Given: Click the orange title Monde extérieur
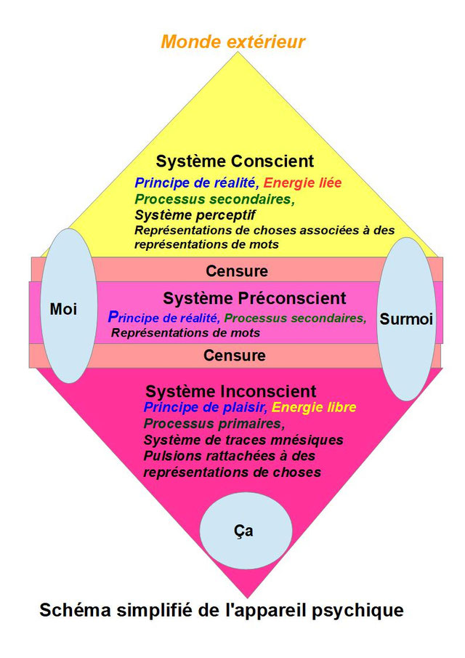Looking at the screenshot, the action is click(232, 41).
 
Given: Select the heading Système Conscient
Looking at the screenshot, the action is click(235, 161).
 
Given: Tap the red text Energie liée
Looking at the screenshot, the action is click(302, 183).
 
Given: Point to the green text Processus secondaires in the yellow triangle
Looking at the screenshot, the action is click(214, 199).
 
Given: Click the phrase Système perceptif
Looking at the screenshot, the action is click(195, 215).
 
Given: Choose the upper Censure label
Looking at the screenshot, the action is click(236, 271).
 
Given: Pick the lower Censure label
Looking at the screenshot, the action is click(235, 356).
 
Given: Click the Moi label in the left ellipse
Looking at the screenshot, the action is click(63, 309).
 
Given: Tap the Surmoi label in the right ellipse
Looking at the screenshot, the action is click(406, 319).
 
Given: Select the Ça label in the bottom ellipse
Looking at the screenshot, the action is click(243, 531).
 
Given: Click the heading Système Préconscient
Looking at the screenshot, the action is click(254, 298).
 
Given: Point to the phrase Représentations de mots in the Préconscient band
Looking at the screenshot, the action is click(185, 333).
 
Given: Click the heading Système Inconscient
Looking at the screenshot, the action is click(230, 391).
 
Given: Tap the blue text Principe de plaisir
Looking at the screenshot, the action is click(206, 407).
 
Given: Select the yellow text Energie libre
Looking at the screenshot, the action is click(314, 407).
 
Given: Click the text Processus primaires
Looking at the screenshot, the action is click(214, 424).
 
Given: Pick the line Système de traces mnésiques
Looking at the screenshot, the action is click(243, 440).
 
